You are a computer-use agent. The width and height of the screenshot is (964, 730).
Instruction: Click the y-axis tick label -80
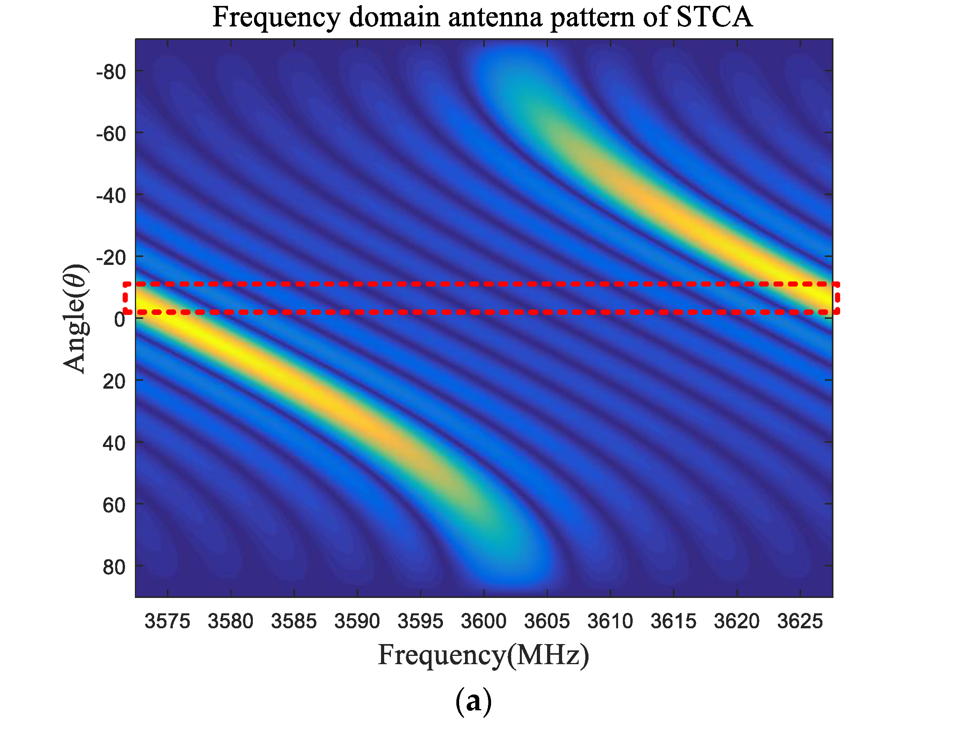(111, 72)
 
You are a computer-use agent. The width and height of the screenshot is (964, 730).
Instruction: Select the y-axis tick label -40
(111, 196)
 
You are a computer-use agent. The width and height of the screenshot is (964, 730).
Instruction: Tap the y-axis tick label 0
(120, 320)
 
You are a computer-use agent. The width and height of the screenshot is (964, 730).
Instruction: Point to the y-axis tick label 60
(114, 505)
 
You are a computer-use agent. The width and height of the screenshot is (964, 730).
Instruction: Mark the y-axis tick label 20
(114, 382)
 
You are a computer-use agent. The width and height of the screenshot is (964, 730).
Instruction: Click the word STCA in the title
(714, 17)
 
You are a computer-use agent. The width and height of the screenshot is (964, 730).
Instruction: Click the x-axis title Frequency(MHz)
(483, 656)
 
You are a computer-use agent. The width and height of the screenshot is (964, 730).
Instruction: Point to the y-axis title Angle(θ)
(75, 318)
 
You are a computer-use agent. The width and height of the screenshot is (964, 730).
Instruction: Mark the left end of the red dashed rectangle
(125, 298)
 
